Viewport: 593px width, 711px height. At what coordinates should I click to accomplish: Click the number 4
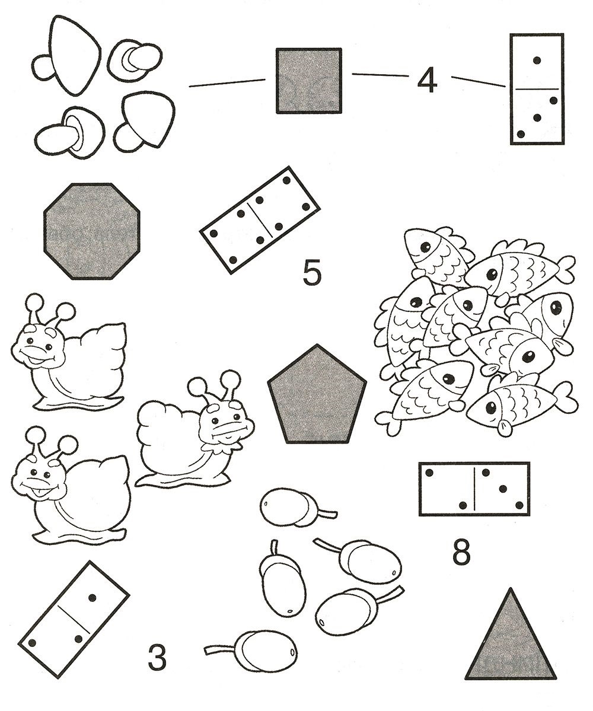point(426,82)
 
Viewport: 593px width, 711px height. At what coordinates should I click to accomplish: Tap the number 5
point(312,273)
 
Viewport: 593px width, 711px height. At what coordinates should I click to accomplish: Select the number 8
point(461,551)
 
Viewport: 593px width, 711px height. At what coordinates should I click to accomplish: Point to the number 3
point(157,658)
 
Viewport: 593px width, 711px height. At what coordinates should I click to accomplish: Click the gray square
point(308,80)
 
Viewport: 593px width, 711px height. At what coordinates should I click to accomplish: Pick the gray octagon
point(91,231)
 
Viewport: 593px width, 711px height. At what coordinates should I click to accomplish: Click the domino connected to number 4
point(537,89)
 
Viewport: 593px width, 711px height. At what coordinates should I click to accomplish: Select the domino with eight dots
point(260,220)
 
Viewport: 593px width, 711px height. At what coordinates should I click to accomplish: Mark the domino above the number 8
point(474,489)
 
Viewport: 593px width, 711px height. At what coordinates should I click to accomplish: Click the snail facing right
point(195,431)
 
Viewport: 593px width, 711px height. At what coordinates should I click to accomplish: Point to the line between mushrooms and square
point(227,83)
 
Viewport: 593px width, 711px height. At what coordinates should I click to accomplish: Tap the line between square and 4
point(380,75)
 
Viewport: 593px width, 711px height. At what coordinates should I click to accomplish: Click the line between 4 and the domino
point(479,81)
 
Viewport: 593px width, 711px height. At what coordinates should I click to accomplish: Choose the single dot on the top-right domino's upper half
point(537,60)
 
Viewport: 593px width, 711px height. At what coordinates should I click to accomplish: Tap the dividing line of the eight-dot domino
point(260,220)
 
